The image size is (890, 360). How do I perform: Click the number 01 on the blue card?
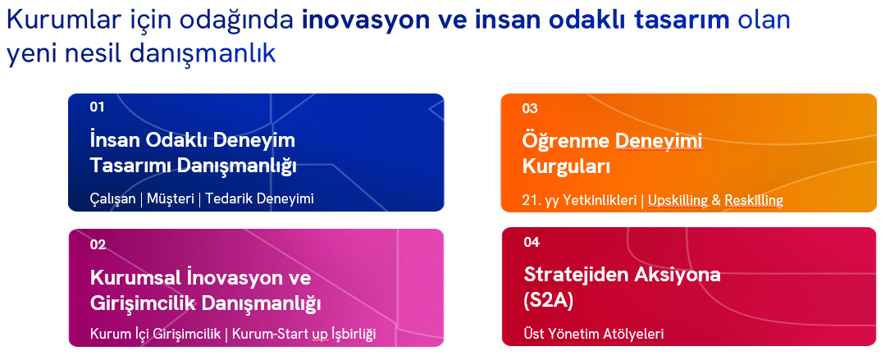(x=97, y=107)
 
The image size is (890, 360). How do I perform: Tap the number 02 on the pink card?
(x=98, y=244)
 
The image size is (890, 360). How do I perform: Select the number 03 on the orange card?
(x=530, y=108)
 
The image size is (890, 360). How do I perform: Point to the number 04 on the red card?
(x=532, y=243)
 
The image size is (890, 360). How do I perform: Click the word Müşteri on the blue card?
(x=170, y=198)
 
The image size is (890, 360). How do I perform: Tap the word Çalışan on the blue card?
(x=113, y=199)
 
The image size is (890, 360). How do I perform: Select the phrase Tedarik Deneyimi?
(x=259, y=199)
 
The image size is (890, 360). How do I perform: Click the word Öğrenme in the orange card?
(x=567, y=141)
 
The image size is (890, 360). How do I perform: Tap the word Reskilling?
(x=754, y=200)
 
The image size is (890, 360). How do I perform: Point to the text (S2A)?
(x=548, y=301)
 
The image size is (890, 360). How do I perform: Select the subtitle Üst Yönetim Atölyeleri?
(x=594, y=333)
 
